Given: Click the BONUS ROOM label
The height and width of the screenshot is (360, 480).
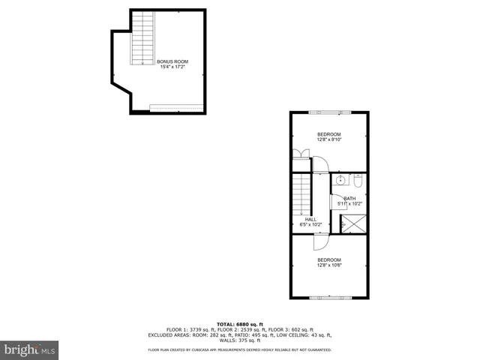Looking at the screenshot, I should coord(172,61).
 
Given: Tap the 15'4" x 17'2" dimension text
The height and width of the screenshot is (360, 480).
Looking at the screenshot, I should coord(172,67).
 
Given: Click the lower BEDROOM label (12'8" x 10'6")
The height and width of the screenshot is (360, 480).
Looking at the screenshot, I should coord(329,259).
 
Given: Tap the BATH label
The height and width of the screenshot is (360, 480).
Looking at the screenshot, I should coord(349,199).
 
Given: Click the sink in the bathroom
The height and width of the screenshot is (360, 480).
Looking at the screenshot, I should coord(340,181).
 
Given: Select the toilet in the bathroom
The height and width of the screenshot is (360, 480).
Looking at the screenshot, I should coord(358,181).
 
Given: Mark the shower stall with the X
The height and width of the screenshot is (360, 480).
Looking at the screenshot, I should coord(353,223).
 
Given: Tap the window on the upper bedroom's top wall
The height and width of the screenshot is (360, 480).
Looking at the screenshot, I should coord(331,112).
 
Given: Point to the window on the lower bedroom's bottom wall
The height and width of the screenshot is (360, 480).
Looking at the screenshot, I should coord(331,298).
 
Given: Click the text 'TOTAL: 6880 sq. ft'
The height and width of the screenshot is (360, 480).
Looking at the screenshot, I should coord(240,324).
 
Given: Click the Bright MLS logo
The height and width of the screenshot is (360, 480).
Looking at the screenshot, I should coord(30,349).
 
